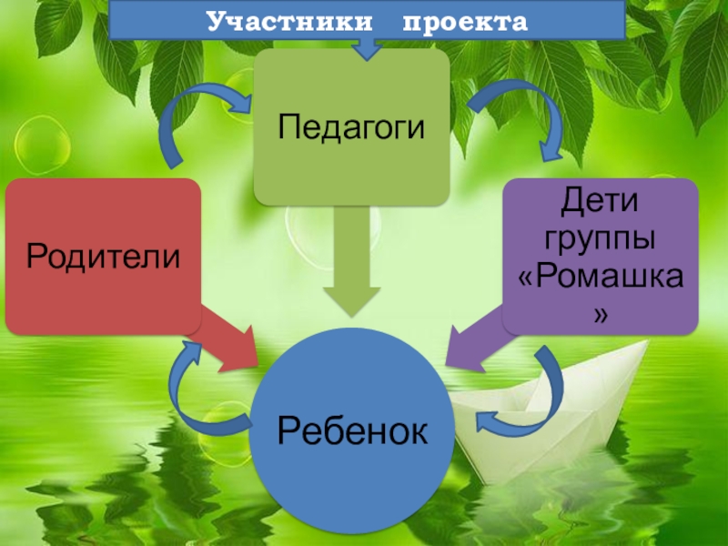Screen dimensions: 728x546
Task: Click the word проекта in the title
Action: (x=465, y=20)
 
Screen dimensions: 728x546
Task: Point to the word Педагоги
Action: (x=351, y=126)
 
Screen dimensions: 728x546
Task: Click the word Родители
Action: (x=103, y=257)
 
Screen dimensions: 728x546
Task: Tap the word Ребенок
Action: (x=351, y=428)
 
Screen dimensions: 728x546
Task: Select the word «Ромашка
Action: (x=601, y=278)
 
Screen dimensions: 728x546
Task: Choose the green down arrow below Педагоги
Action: (x=351, y=264)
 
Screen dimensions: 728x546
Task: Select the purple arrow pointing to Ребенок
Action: (x=473, y=341)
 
